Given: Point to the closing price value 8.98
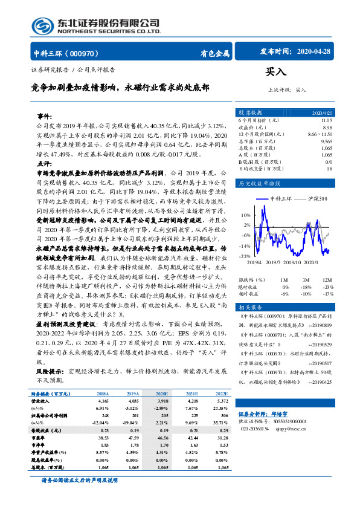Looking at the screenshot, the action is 327,127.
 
